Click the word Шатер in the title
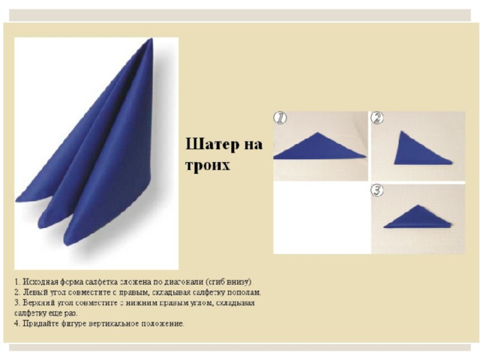[x=213, y=144]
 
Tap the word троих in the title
[x=208, y=165]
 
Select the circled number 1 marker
[x=280, y=118]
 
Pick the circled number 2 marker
[x=377, y=118]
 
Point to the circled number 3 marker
[x=377, y=190]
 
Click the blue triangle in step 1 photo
[x=319, y=148]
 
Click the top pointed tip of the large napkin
[x=151, y=39]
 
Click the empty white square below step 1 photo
[x=322, y=217]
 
